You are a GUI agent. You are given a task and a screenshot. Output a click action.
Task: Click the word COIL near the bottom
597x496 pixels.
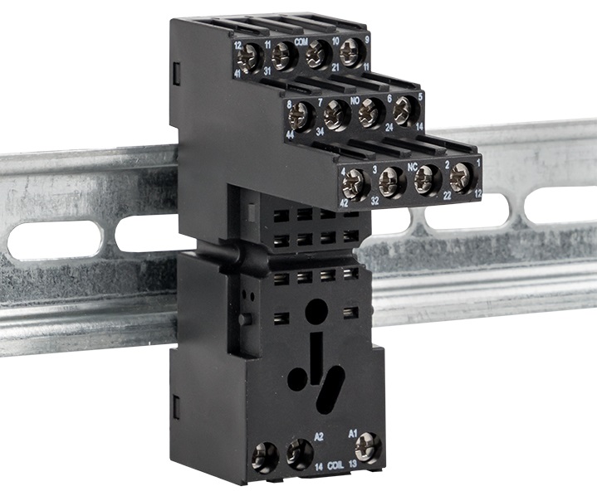(336, 465)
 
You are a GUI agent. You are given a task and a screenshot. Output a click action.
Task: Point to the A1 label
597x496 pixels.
(352, 434)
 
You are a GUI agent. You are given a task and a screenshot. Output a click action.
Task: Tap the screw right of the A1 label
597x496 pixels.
(368, 448)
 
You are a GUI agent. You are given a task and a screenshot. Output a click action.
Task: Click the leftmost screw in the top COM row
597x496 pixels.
(249, 57)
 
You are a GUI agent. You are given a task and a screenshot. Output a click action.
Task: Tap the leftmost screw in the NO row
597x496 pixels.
(301, 118)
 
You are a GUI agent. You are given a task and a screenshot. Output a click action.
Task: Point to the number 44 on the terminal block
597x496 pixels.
(290, 134)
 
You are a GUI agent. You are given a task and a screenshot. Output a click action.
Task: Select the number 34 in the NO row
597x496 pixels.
(321, 130)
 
